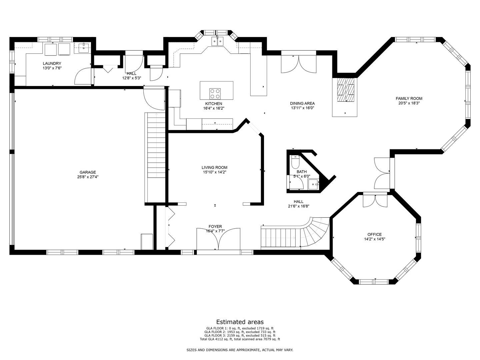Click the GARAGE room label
coord(88,172)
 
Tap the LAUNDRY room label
coord(52,63)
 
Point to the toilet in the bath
coord(295,162)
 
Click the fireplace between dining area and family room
coord(345,90)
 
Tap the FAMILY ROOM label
coord(409,98)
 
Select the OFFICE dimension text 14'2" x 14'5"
coord(375,239)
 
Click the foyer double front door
coord(218,239)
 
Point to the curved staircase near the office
coord(315,232)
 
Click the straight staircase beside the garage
coord(155,147)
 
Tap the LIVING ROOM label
coord(214,168)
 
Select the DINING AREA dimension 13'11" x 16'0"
coord(302,108)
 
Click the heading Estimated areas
coord(240,322)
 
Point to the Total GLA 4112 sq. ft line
coord(240,339)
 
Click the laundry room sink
coord(83,48)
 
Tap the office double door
coord(375,201)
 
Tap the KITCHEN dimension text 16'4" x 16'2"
coord(214,108)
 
